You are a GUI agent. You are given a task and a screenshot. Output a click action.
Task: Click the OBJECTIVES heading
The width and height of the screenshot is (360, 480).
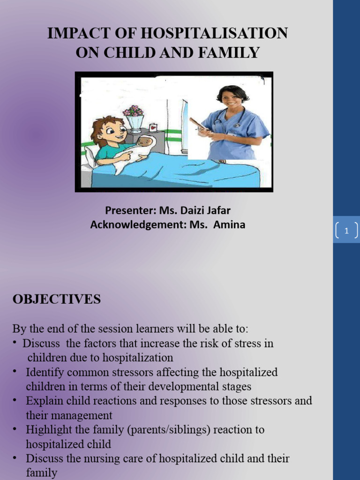pos(56,300)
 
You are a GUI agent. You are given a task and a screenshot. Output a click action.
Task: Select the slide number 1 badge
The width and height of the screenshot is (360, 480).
pos(346,231)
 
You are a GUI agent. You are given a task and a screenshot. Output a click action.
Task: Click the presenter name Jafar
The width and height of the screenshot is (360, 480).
pos(216,210)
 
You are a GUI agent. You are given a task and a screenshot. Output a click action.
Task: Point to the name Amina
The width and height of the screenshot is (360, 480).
pos(229,225)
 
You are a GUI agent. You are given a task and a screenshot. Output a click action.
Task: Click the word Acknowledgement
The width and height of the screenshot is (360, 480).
pos(138,225)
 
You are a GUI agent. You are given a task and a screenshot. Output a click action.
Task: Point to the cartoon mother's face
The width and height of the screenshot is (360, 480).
pos(112,131)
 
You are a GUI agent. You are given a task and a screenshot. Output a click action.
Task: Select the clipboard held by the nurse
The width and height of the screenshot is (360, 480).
pos(198,124)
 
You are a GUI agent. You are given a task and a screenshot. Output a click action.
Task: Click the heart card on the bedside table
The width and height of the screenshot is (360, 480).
pos(153,127)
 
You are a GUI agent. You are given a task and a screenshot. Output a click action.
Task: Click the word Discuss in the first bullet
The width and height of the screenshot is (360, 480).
pos(41,344)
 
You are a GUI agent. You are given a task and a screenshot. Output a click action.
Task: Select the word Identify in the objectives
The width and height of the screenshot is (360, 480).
pos(45,373)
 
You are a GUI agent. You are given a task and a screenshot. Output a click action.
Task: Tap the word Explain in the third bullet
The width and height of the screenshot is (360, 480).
pos(44,401)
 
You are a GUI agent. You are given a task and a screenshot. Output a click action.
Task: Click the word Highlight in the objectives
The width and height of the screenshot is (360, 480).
pos(49,430)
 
